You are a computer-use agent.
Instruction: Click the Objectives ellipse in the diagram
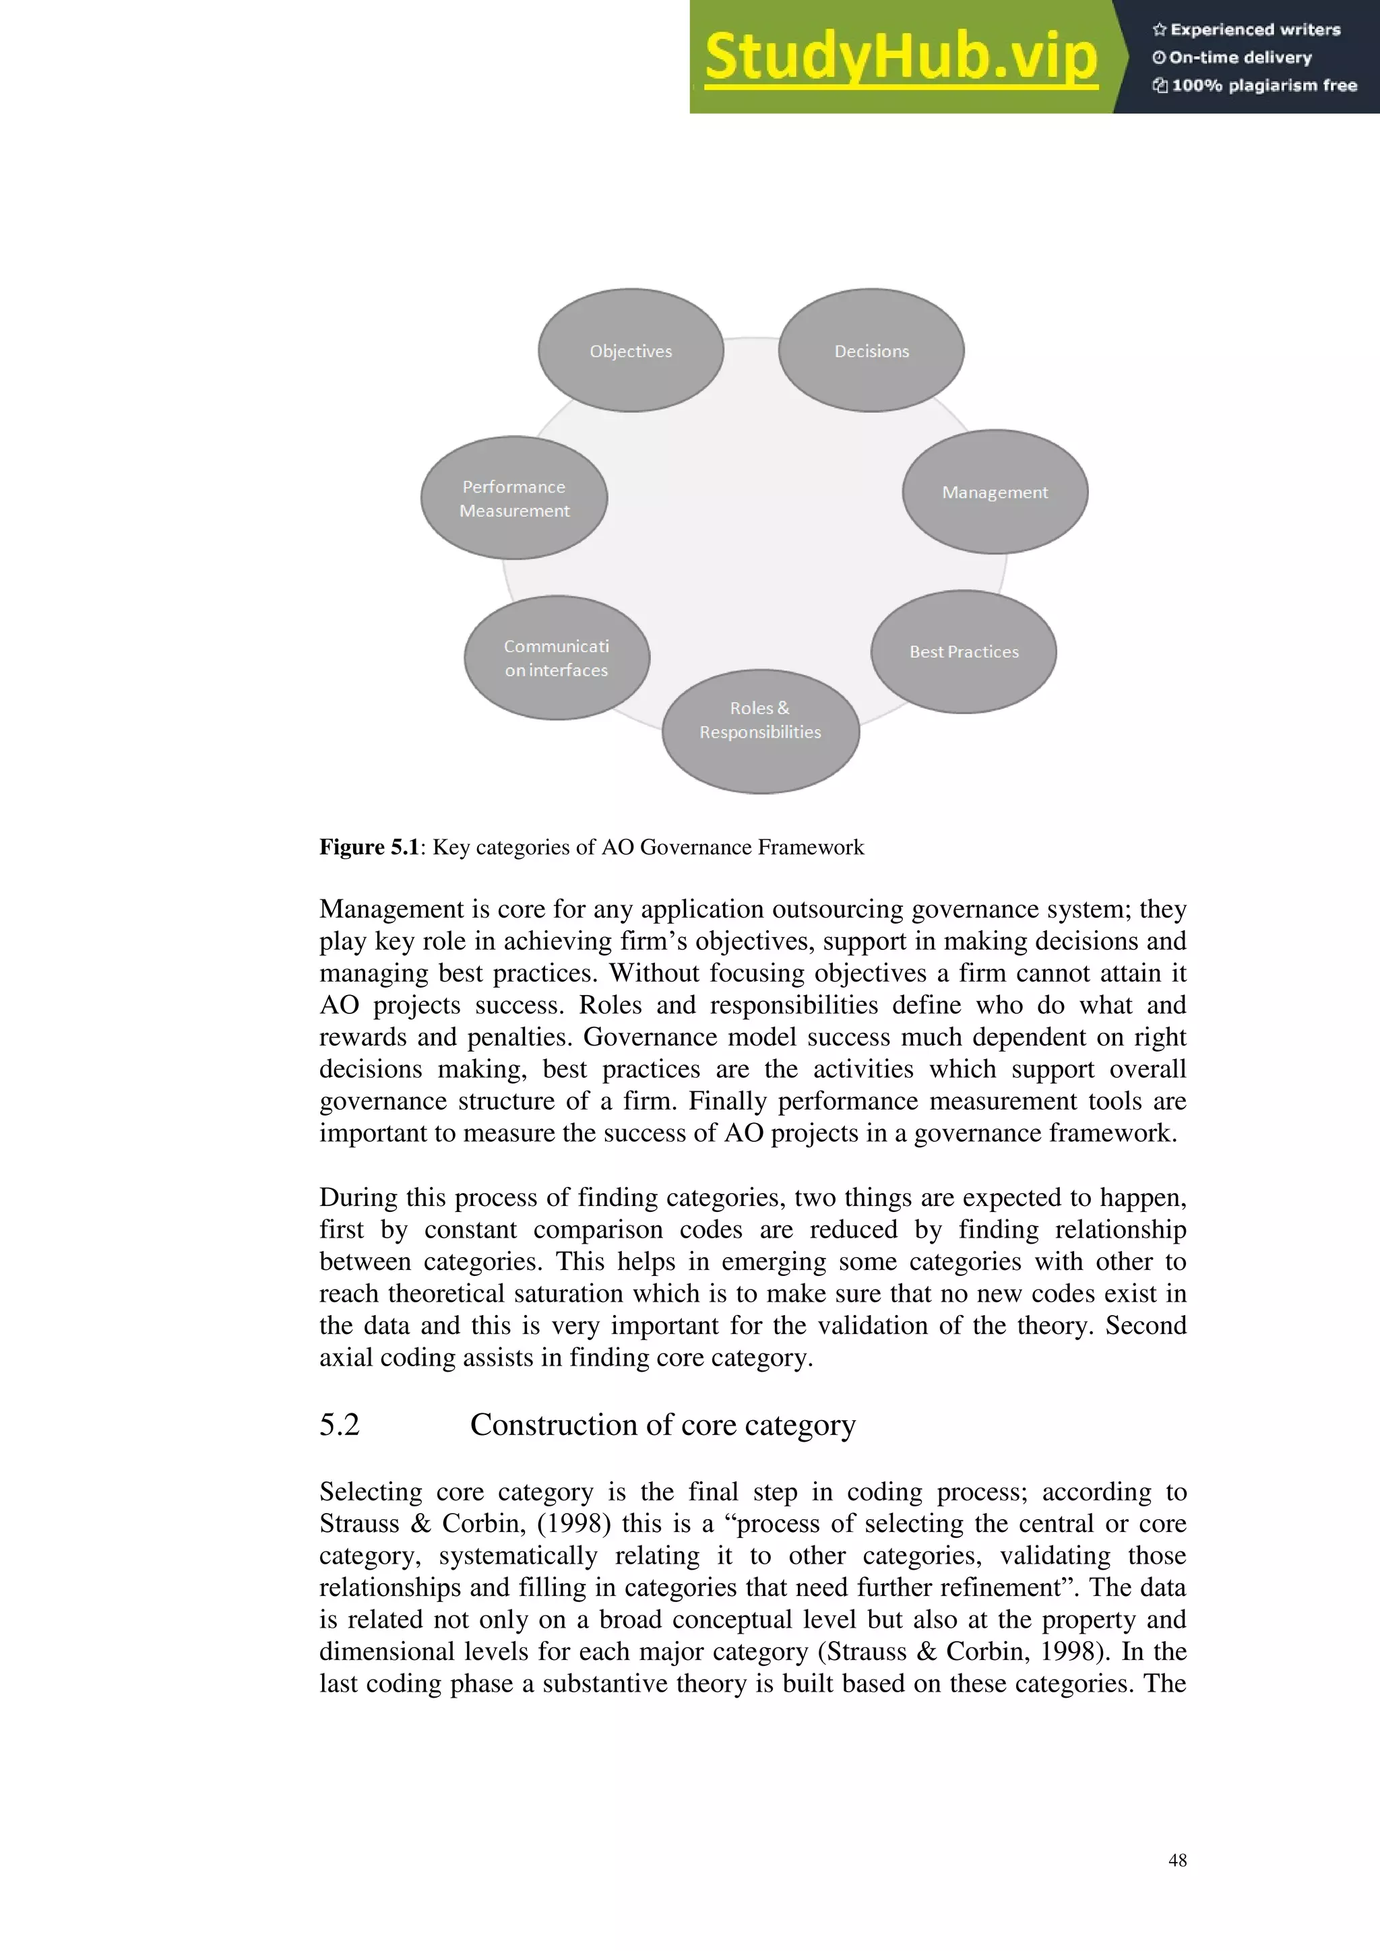pyautogui.click(x=631, y=350)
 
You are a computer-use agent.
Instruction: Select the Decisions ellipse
pyautogui.click(x=871, y=350)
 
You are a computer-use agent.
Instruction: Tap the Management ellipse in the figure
pyautogui.click(x=994, y=492)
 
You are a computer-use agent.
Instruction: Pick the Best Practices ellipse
pyautogui.click(x=964, y=651)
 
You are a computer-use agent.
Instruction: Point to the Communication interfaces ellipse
pyautogui.click(x=557, y=658)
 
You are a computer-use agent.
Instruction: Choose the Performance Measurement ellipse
pyautogui.click(x=514, y=498)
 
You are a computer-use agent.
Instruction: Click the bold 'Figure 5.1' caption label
pyautogui.click(x=369, y=847)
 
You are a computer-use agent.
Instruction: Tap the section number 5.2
pyautogui.click(x=339, y=1425)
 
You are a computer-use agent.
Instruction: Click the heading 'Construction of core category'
pyautogui.click(x=663, y=1425)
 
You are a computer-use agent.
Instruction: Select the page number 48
pyautogui.click(x=1177, y=1860)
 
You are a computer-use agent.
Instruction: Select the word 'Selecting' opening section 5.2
pyautogui.click(x=371, y=1492)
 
